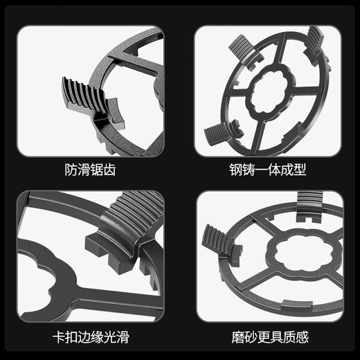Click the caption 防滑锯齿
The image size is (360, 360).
coord(91,169)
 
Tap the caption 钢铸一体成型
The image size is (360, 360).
coord(268,169)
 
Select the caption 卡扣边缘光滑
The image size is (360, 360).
coord(91,338)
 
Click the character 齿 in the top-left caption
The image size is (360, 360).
coord(118,169)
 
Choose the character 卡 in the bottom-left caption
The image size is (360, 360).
coord(59,338)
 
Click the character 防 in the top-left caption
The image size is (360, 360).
coord(64,169)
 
